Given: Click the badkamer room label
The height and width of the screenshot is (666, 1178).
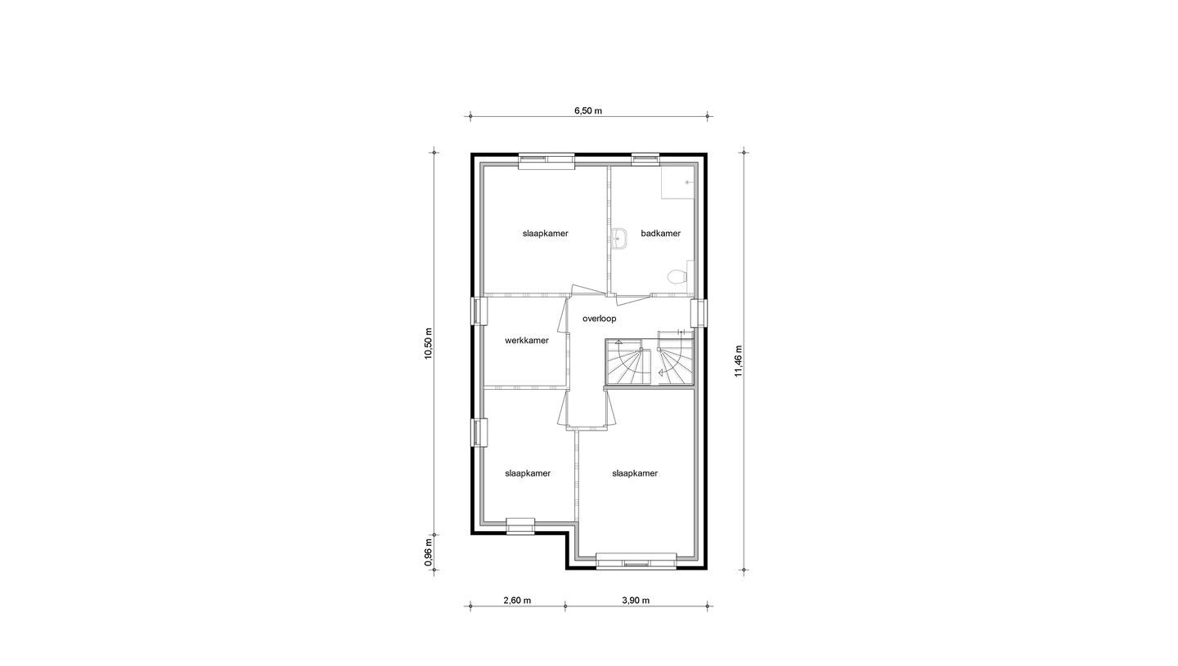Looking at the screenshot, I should click(660, 234).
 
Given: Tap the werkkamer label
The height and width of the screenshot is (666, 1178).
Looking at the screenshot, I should click(526, 341).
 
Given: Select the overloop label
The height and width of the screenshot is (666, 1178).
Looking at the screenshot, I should click(599, 319).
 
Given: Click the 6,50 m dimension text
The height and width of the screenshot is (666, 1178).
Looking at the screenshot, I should click(587, 111).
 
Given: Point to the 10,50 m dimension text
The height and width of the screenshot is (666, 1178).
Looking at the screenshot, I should click(428, 343).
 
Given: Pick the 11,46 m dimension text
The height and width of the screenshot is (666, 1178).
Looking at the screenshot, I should click(738, 360).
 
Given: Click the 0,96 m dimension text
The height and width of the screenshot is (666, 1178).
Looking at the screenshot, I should click(428, 552).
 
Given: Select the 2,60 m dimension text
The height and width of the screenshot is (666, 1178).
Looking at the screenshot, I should click(516, 601).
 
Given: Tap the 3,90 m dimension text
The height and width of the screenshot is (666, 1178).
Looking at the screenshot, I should click(635, 601).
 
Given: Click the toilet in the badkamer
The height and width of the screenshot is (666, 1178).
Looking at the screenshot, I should click(677, 277).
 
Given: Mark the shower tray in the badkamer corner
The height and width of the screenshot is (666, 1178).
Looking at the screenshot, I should click(677, 182).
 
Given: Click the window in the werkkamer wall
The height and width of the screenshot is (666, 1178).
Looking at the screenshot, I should click(479, 311).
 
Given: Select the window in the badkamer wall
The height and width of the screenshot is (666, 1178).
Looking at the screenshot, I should click(645, 159).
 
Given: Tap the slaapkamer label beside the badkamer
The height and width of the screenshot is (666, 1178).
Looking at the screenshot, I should click(545, 234).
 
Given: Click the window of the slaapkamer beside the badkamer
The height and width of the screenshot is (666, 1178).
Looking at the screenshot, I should click(546, 161).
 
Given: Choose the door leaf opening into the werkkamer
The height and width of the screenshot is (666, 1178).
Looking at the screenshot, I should click(563, 315).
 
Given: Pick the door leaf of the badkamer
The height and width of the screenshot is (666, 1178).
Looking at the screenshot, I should click(633, 297).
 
